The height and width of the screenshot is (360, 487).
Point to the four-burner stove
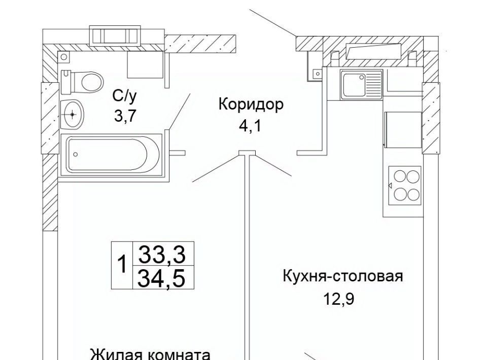(404, 185)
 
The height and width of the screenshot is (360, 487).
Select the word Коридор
(250, 104)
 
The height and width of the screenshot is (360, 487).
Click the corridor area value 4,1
(250, 125)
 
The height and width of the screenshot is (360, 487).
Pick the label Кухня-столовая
(342, 277)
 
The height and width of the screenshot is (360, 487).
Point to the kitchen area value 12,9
(338, 299)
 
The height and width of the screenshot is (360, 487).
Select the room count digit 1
(122, 265)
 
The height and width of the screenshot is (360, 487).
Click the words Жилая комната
(150, 353)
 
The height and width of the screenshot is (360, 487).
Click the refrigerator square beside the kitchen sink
(403, 129)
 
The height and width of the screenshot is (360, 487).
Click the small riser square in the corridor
(318, 74)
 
